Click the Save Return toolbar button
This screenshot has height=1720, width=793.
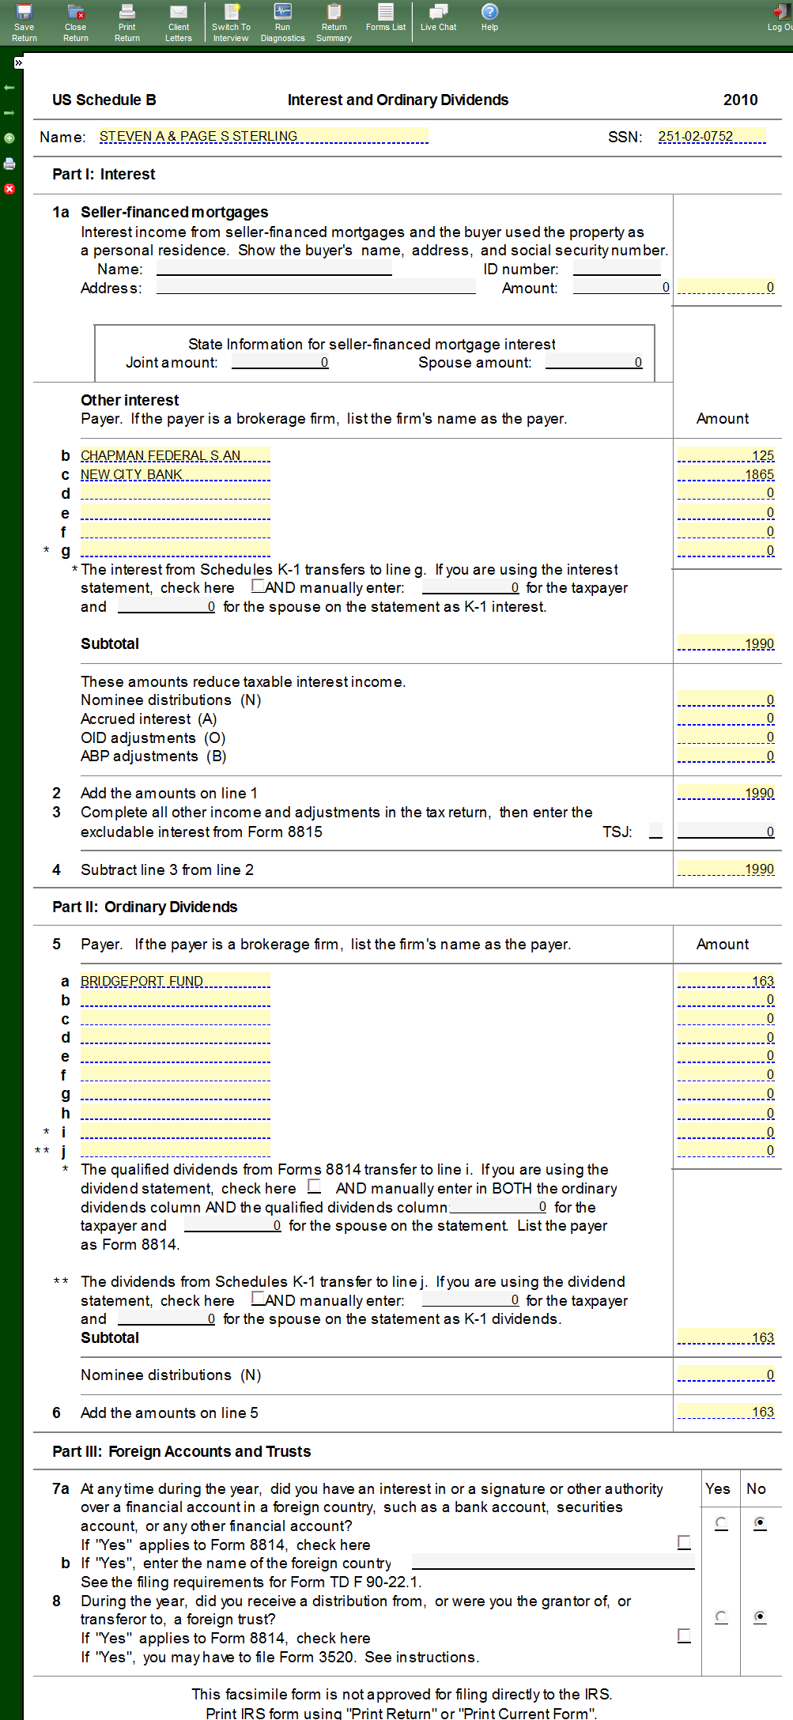click(25, 21)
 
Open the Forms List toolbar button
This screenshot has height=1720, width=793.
click(386, 17)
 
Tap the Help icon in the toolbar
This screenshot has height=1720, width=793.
click(489, 17)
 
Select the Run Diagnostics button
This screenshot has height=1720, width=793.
click(282, 21)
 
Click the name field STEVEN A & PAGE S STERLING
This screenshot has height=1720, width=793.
click(263, 137)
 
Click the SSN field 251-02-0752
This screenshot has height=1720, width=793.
click(712, 137)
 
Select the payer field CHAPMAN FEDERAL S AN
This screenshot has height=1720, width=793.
click(175, 455)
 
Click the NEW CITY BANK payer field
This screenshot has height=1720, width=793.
click(175, 474)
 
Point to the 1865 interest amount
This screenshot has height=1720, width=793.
click(726, 474)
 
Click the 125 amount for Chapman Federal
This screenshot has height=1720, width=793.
click(726, 455)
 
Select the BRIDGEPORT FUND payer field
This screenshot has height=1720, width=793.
click(175, 981)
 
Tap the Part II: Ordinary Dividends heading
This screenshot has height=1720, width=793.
click(145, 907)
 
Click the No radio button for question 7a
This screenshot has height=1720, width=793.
click(760, 1522)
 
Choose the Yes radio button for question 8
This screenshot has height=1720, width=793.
click(721, 1616)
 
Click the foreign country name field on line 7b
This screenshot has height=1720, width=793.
click(553, 1562)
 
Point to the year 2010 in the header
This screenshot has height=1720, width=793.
click(740, 100)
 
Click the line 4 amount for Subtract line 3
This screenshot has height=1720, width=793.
click(726, 869)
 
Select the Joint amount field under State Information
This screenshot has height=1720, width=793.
click(280, 362)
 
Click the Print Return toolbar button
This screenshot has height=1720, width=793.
click(127, 21)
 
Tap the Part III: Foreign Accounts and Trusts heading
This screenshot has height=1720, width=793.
click(182, 1451)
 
